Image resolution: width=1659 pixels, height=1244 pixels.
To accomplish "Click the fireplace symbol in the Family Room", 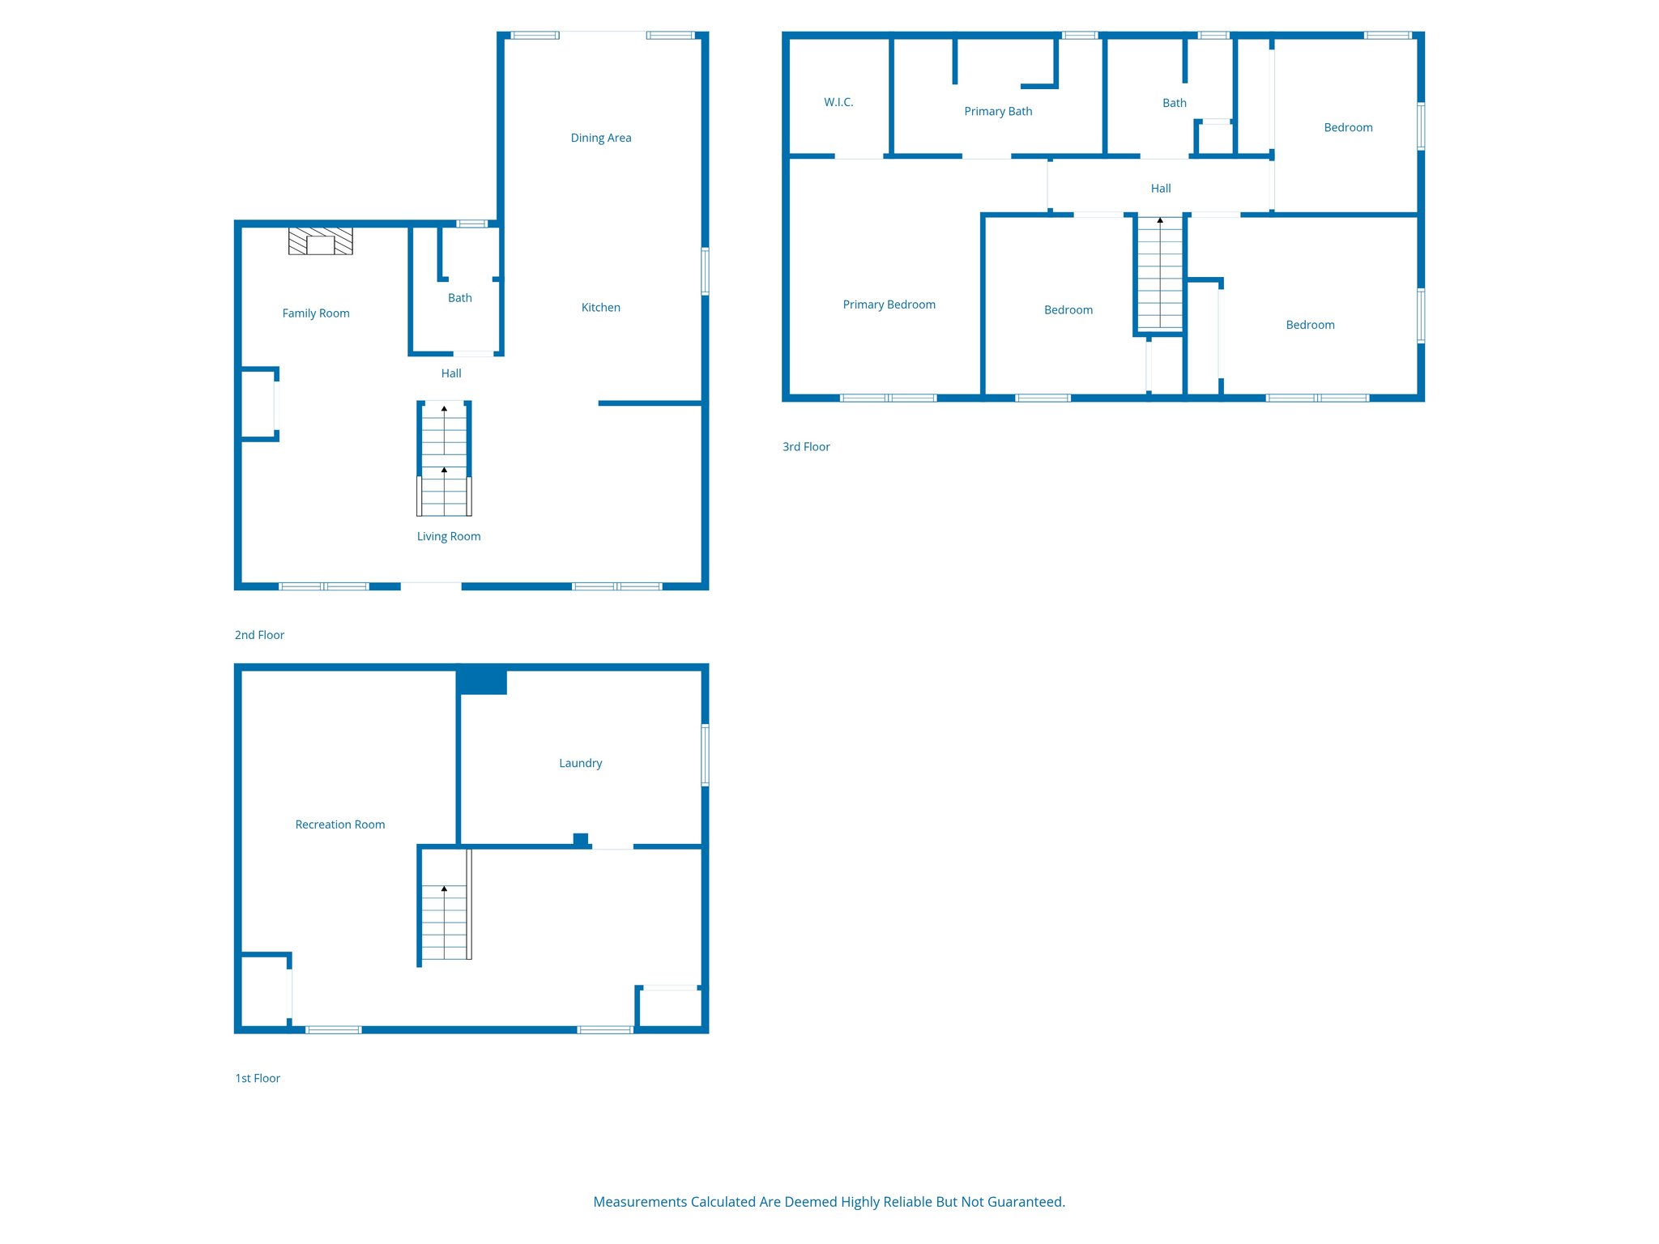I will coord(321,241).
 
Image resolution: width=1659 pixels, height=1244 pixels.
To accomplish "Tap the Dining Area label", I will coord(600,138).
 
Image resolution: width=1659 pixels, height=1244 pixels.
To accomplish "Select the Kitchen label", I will coord(600,307).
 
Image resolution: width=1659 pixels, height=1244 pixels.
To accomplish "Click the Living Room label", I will coord(448,536).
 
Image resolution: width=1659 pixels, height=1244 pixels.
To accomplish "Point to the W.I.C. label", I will coord(838,102).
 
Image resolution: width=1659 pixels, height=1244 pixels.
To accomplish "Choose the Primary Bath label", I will coord(997,111).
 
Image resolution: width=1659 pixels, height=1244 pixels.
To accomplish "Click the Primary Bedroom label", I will coord(889,305).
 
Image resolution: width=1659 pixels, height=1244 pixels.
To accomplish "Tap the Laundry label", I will coord(580,763).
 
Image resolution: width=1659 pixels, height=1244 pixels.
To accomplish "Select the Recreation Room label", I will coord(339,824).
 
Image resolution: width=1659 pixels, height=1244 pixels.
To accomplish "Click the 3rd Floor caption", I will coord(806,446).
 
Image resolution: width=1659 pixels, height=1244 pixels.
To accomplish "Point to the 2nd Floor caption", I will coord(259,635).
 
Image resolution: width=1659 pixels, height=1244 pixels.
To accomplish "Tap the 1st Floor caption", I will coord(258,1078).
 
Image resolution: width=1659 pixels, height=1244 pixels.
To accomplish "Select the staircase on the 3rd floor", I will coord(1159,275).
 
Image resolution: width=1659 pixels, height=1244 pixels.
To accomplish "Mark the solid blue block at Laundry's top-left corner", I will coord(482,681).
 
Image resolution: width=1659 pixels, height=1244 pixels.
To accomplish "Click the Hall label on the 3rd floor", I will coord(1160,188).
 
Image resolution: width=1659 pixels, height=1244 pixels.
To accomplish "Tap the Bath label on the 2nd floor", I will coord(459,298).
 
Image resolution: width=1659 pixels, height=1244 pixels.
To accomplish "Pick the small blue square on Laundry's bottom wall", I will coord(580,839).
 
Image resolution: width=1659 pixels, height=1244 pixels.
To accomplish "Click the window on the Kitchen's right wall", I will coord(705,271).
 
